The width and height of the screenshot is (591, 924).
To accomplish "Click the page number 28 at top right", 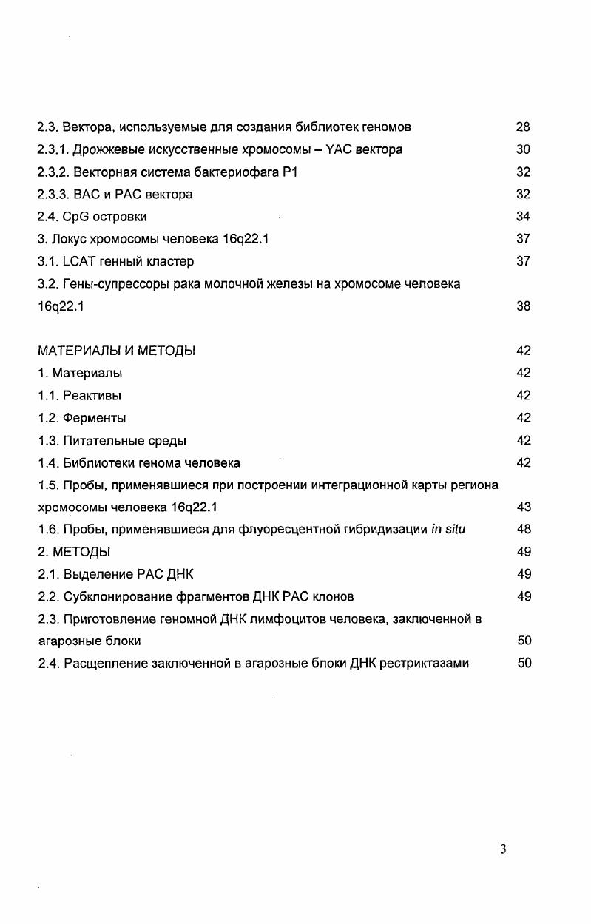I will pos(523,127).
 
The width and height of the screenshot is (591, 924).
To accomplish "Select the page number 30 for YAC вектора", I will pos(523,149).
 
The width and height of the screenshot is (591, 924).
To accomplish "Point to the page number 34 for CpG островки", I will pos(523,217).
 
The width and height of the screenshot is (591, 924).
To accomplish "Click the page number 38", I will pos(523,306).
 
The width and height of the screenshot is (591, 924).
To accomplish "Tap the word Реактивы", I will pos(92,395).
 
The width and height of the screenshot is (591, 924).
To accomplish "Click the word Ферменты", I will pos(94,418).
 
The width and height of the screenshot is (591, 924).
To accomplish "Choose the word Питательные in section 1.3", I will pos(101,441).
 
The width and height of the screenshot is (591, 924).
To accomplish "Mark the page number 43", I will pos(523,507).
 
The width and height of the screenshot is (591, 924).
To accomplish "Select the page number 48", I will pos(523,530).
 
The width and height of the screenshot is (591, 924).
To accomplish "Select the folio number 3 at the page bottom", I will pos(503,850).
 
